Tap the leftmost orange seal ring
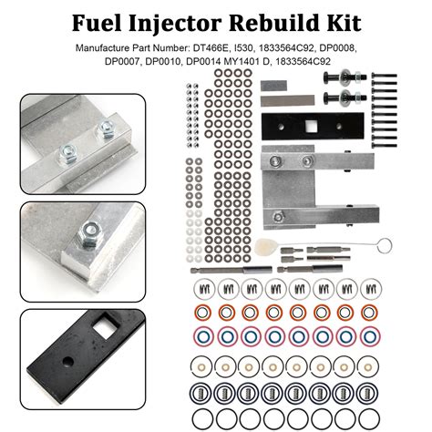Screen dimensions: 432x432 [202, 312]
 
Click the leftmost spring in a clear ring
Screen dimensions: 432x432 [202, 290]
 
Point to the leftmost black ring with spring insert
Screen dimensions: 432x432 [202, 394]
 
